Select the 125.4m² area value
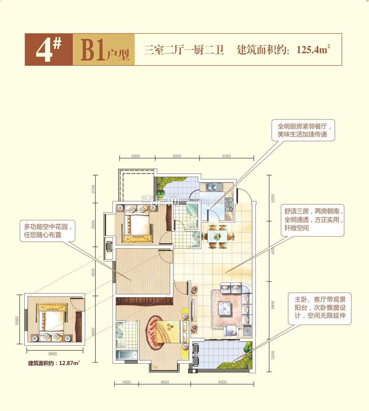(x=313, y=50)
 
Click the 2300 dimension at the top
(x=136, y=156)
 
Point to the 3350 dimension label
(x=226, y=156)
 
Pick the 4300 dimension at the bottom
(x=222, y=382)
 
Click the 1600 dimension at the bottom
(x=126, y=382)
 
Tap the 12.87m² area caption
(x=54, y=363)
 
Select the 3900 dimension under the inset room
(x=53, y=354)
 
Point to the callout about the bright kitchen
(x=303, y=130)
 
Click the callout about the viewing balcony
(x=319, y=308)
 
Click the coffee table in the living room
(x=224, y=308)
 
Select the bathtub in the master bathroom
(x=127, y=355)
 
